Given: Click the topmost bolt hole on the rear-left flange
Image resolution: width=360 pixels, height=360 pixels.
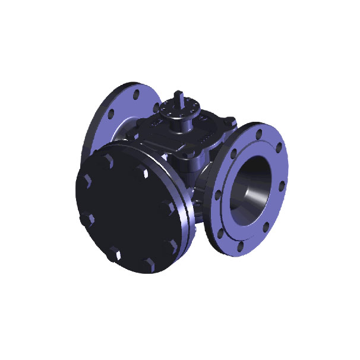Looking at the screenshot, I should [x=137, y=94].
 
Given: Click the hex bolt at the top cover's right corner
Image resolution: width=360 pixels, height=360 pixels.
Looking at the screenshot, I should [x=225, y=127].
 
